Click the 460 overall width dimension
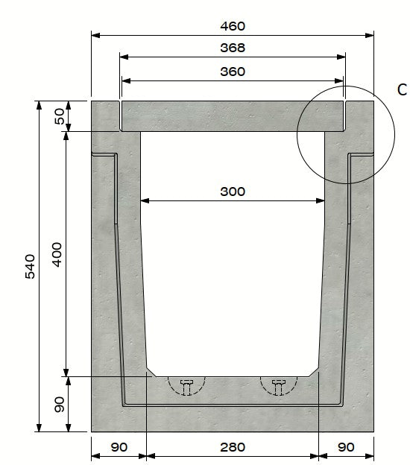[x=233, y=26]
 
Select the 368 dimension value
[x=233, y=48]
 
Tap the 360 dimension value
[x=233, y=72]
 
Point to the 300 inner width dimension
[x=233, y=192]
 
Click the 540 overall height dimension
[x=30, y=266]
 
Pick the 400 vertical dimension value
[x=57, y=254]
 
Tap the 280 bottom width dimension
[x=233, y=447]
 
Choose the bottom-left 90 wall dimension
[x=119, y=447]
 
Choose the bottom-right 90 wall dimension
[x=346, y=447]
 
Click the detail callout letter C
[x=402, y=90]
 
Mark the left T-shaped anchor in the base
[x=186, y=385]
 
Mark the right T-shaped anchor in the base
[x=279, y=385]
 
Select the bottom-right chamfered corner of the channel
[x=315, y=370]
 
